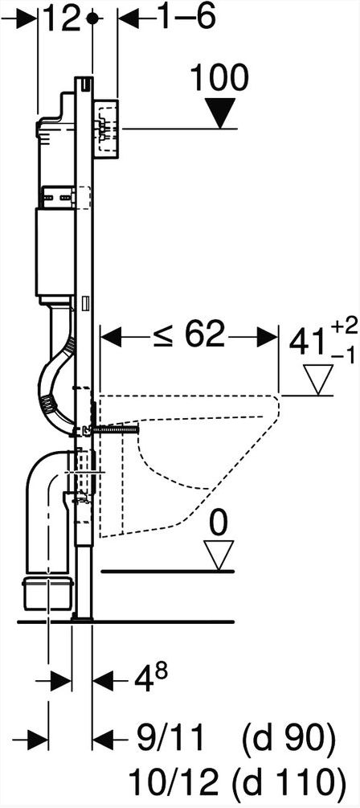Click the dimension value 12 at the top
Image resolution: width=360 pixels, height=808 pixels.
point(61,19)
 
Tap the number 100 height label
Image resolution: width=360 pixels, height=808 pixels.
point(219,79)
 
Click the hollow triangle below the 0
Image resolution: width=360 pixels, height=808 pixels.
point(219,556)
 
